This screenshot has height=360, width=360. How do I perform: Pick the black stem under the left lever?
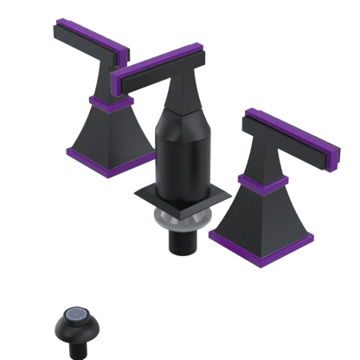[106, 82]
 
